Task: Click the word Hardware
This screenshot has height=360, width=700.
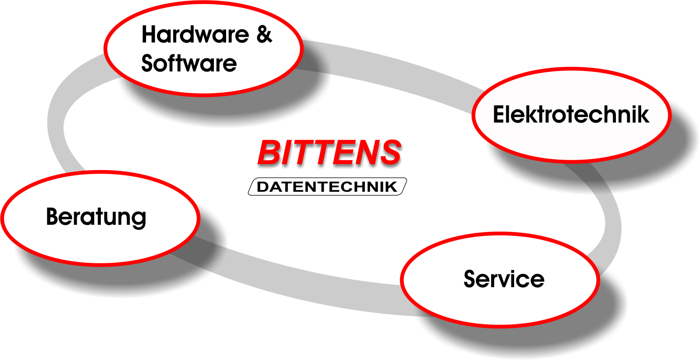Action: click(x=195, y=35)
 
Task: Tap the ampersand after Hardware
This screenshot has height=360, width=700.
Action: click(x=264, y=35)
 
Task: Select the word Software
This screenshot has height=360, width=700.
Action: click(x=189, y=63)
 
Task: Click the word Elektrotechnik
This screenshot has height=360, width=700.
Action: click(x=571, y=114)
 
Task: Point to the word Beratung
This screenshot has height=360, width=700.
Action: click(x=96, y=217)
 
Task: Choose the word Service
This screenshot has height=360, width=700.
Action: click(x=504, y=279)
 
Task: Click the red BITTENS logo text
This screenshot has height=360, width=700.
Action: click(x=329, y=152)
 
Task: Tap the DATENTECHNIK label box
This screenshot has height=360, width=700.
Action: click(x=327, y=187)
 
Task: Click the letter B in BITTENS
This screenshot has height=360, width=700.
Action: click(x=270, y=152)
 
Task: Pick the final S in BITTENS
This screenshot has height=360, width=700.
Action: click(x=389, y=152)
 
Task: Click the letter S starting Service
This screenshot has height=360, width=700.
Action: click(x=471, y=279)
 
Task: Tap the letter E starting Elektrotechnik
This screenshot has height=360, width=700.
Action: click(x=498, y=114)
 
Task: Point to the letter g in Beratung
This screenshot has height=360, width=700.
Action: click(x=139, y=219)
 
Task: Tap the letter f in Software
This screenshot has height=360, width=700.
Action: click(x=175, y=63)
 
